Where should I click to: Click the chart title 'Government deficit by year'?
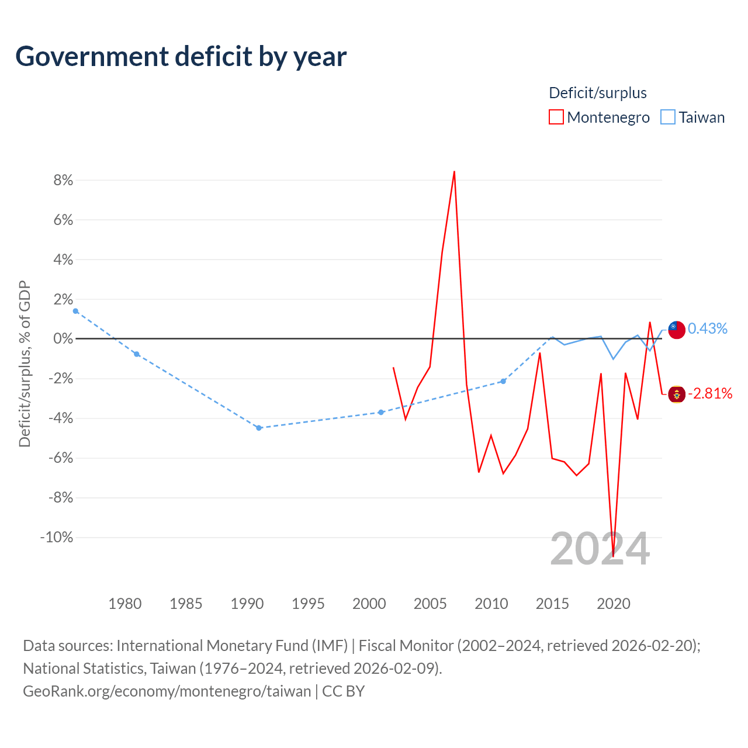tap(181, 57)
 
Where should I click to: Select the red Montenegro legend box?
tap(556, 117)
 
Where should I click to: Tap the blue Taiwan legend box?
tap(668, 117)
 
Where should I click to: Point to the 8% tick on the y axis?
tap(63, 180)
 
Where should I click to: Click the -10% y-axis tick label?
tap(57, 537)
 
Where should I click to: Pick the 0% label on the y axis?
tap(63, 338)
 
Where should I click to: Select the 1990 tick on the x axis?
tap(247, 604)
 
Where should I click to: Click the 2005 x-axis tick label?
tap(430, 604)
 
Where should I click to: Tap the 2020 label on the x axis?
tap(614, 604)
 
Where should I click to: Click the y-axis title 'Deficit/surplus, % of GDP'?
tap(25, 363)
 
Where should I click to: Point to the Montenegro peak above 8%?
tap(454, 171)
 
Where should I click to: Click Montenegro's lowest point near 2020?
tap(614, 556)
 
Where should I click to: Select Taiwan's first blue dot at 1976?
tap(76, 311)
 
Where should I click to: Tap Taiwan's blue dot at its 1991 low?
tap(259, 428)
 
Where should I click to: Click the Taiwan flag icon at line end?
tap(677, 330)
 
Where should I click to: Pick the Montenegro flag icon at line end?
tap(677, 394)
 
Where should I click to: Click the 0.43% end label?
tap(707, 328)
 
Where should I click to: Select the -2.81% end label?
tap(710, 393)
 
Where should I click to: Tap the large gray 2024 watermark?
tap(600, 549)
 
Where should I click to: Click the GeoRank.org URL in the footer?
tap(167, 691)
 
